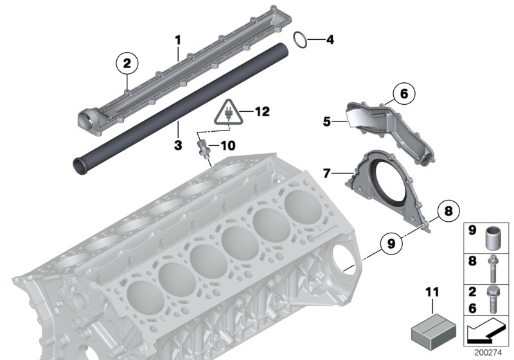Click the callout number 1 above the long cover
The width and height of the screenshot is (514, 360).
178,40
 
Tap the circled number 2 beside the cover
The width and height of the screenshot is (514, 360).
127,63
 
